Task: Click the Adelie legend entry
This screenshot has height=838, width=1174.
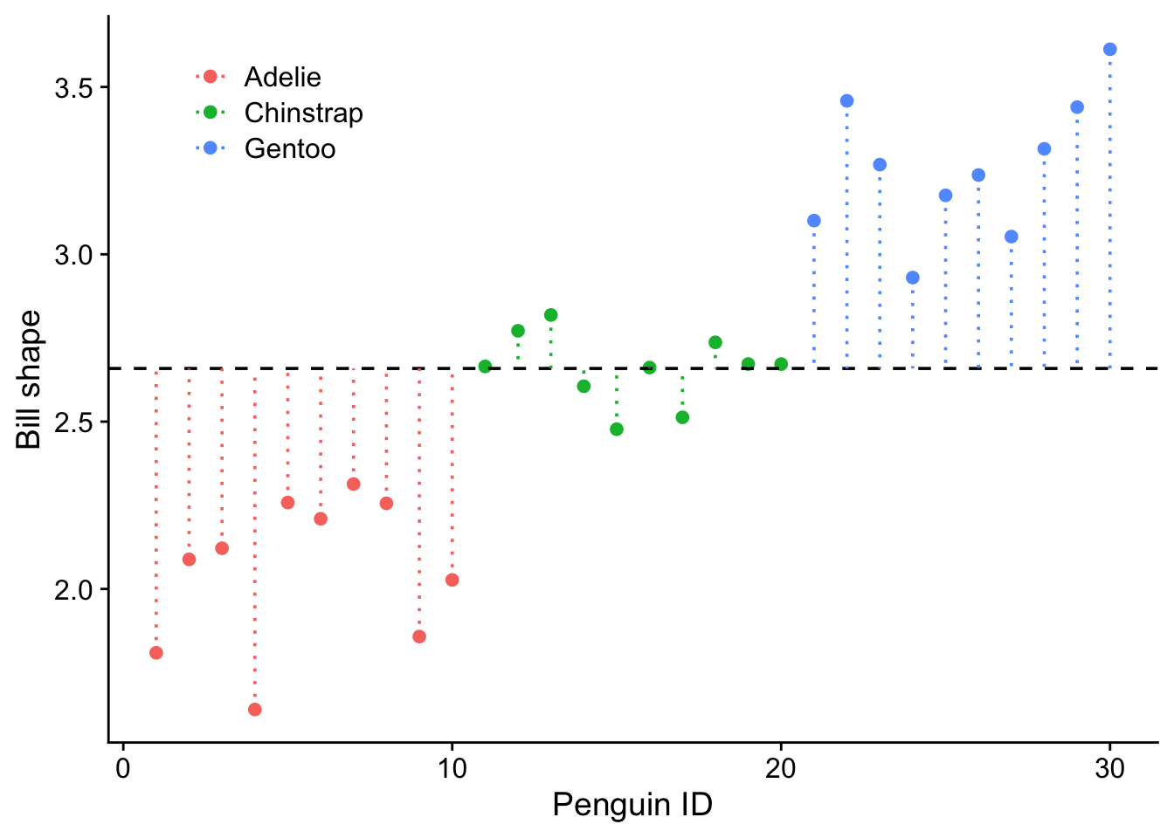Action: coord(282,77)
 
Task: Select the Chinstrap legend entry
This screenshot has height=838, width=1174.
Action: coord(303,113)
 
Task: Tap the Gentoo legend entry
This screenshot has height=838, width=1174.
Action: coord(289,148)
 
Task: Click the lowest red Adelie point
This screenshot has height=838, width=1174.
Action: coord(255,710)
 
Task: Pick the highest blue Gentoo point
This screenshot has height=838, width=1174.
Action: coord(1110,50)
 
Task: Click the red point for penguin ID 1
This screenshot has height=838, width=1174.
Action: coord(156,653)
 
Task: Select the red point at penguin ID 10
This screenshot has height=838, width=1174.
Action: coord(452,580)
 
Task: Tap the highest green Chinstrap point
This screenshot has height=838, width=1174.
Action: coord(551,315)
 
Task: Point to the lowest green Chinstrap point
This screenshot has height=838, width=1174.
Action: coord(617,429)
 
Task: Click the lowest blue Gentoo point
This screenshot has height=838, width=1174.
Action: coord(913,278)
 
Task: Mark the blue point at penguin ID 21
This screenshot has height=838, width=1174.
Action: coord(814,221)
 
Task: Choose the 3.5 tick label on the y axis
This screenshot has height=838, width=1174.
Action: coord(75,88)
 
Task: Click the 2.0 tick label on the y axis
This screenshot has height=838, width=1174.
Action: coord(75,589)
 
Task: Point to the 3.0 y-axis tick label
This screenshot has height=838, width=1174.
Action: coord(75,255)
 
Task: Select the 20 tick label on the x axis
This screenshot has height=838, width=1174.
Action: coord(781,768)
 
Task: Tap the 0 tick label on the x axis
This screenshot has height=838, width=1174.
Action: coord(123,768)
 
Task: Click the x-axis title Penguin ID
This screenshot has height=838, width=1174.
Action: coord(632,805)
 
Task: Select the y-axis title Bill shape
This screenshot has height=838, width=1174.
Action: coord(30,380)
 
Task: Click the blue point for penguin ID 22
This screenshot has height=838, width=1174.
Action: coord(847,101)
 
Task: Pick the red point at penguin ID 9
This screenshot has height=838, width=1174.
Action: coord(419,637)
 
